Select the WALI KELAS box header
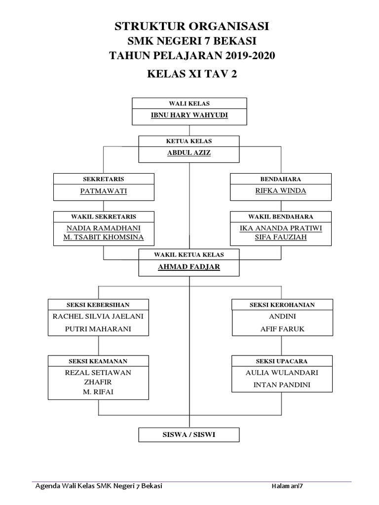pyautogui.click(x=189, y=104)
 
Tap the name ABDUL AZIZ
pyautogui.click(x=189, y=153)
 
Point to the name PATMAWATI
pyautogui.click(x=104, y=191)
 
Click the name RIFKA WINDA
pyautogui.click(x=280, y=191)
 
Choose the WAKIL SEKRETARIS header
pyautogui.click(x=104, y=216)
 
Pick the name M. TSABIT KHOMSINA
pyautogui.click(x=104, y=237)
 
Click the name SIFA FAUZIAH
pyautogui.click(x=280, y=237)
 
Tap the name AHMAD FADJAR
pyautogui.click(x=189, y=267)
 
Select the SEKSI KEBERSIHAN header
pyautogui.click(x=98, y=305)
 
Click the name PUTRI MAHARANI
pyautogui.click(x=98, y=329)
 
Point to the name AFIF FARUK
pyautogui.click(x=282, y=329)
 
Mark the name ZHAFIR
pyautogui.click(x=98, y=382)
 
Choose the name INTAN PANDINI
pyautogui.click(x=282, y=384)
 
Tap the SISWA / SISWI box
pyautogui.click(x=189, y=434)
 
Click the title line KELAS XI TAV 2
pyautogui.click(x=189, y=74)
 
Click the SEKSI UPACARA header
pyautogui.click(x=282, y=361)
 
